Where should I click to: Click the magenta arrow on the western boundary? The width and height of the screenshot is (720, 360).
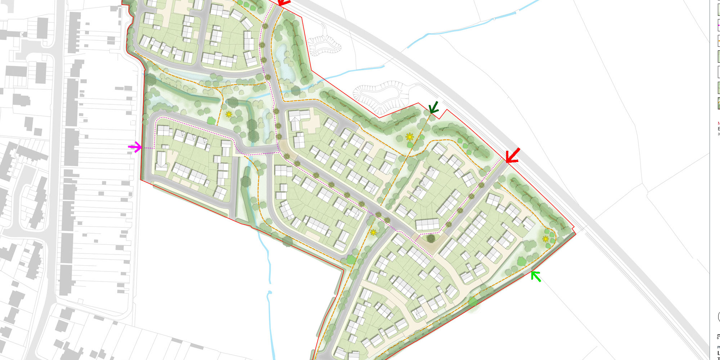[135, 147]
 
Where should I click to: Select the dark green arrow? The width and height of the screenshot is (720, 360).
[433, 108]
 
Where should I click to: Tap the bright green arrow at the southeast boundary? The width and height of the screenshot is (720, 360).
[536, 276]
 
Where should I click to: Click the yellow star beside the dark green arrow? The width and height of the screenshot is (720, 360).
[409, 137]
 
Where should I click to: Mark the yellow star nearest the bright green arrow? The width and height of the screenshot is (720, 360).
[545, 239]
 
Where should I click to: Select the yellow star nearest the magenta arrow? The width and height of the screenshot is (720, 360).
[229, 114]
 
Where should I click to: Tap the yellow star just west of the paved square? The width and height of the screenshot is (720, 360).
[373, 233]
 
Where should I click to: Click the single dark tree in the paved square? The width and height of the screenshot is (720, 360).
[430, 238]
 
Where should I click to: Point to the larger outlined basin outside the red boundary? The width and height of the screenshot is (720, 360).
[382, 96]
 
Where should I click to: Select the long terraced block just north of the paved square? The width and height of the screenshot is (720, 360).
[427, 224]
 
